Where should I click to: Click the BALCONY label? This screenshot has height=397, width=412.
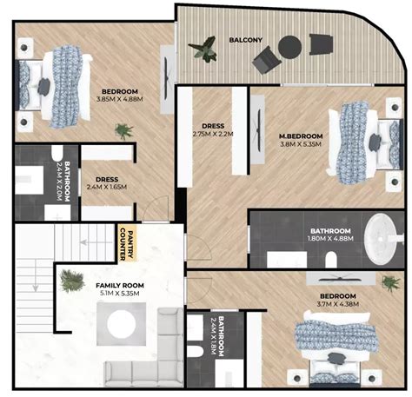(x=246, y=40)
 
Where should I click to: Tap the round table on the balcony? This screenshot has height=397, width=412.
(x=291, y=48)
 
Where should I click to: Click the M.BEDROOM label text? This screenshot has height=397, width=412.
(x=301, y=136)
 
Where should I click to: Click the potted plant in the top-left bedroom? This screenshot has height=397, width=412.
(x=125, y=131)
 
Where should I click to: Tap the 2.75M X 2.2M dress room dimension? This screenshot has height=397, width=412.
(x=212, y=134)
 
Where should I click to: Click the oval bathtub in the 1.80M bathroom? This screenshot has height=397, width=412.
(x=380, y=235)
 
